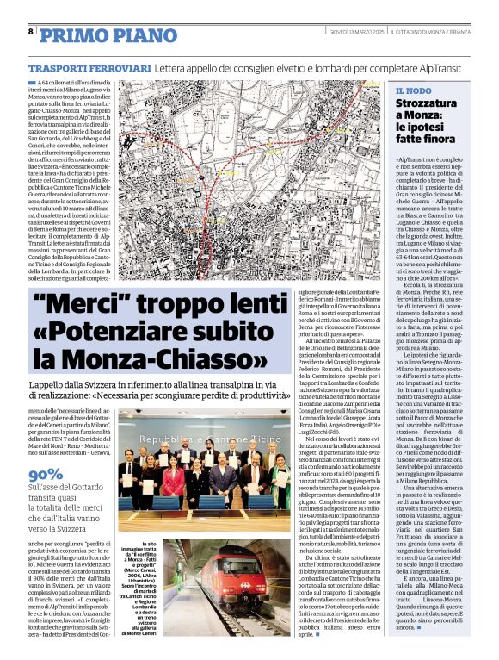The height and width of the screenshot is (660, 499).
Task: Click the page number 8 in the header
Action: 31,31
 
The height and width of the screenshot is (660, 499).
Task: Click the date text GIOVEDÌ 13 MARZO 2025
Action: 356,32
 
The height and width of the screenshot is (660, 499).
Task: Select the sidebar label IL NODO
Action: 414,90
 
